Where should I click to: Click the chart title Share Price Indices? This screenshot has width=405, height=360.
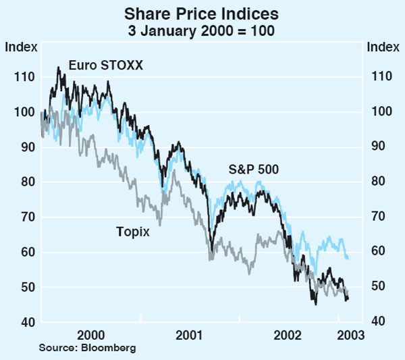[202, 13]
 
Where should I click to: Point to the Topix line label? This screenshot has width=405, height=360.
[132, 232]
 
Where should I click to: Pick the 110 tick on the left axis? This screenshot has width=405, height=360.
[22, 77]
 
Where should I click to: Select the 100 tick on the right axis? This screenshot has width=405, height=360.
[380, 112]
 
